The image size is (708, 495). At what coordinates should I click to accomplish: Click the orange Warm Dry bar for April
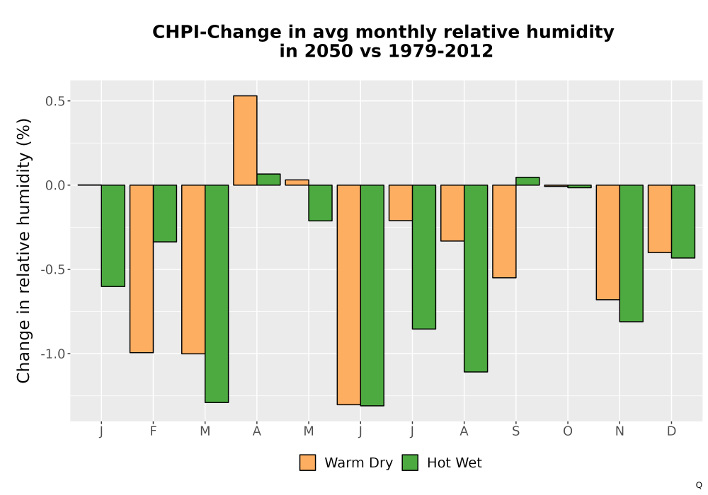pyautogui.click(x=245, y=140)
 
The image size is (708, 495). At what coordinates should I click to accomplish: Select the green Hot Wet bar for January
pyautogui.click(x=113, y=235)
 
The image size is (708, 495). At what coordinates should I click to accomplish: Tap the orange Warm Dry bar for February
pyautogui.click(x=142, y=269)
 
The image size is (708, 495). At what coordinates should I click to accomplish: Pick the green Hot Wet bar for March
pyautogui.click(x=217, y=293)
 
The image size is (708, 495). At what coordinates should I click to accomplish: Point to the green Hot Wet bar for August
pyautogui.click(x=476, y=278)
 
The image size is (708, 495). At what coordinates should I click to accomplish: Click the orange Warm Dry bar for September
pyautogui.click(x=504, y=231)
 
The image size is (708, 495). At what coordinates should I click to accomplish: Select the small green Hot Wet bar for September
pyautogui.click(x=528, y=181)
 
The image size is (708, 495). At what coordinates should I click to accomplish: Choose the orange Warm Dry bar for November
pyautogui.click(x=607, y=242)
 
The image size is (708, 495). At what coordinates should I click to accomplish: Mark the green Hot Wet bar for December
pyautogui.click(x=683, y=221)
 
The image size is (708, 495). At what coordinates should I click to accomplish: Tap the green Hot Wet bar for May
pyautogui.click(x=321, y=203)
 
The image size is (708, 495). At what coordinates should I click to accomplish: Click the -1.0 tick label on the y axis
pyautogui.click(x=53, y=354)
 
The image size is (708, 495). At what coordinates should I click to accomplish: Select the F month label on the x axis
pyautogui.click(x=153, y=431)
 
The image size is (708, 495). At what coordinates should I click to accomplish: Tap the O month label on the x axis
pyautogui.click(x=568, y=431)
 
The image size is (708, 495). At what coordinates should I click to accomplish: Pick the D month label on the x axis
pyautogui.click(x=671, y=431)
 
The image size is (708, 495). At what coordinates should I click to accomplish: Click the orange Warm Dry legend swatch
pyautogui.click(x=307, y=462)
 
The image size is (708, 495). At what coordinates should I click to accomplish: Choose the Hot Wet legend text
pyautogui.click(x=455, y=463)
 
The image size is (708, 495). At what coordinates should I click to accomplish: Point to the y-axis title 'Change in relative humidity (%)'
pyautogui.click(x=23, y=250)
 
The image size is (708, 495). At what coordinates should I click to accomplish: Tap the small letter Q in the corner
pyautogui.click(x=699, y=485)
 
